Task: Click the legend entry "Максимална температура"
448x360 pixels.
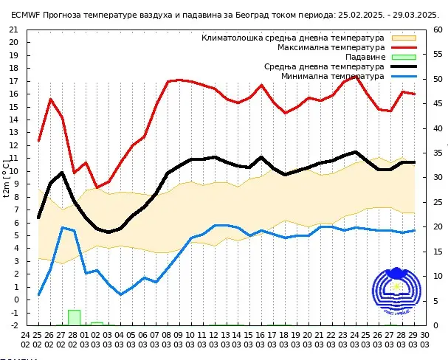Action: click(x=331, y=47)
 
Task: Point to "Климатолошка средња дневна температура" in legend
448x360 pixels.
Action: click(x=293, y=38)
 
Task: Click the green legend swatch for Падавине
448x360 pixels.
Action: click(x=404, y=57)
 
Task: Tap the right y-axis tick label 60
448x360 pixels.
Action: click(x=438, y=30)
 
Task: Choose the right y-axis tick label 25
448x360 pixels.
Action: click(x=438, y=202)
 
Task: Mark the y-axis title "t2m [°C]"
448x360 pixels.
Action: click(x=7, y=178)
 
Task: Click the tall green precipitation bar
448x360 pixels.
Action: click(x=74, y=317)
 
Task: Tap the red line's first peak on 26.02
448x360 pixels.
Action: click(x=51, y=99)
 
